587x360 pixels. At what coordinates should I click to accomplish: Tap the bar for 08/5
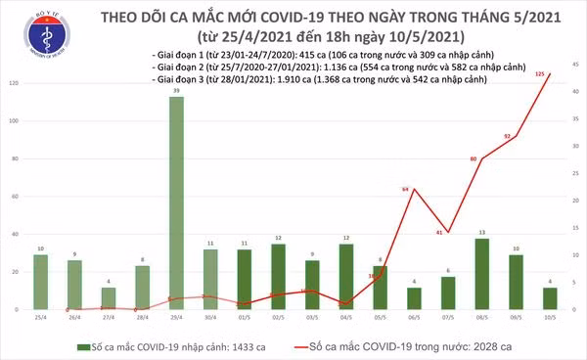[480, 273]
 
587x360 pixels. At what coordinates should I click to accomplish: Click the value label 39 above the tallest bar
[176, 90]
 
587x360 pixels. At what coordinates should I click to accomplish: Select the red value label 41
[442, 232]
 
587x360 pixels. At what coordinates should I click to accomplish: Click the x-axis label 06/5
[415, 319]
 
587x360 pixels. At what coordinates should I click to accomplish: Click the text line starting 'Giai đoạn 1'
[323, 53]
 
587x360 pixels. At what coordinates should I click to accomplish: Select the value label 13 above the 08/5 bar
[480, 232]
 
